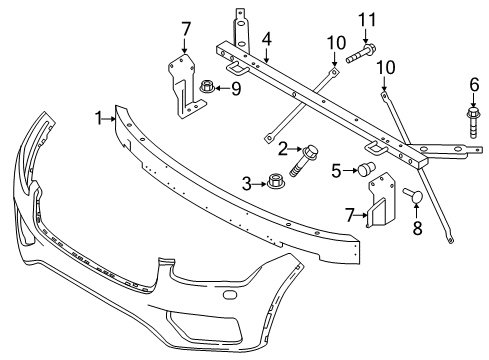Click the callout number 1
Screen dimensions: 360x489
pyautogui.click(x=99, y=118)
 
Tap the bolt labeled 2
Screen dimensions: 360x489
pyautogui.click(x=302, y=157)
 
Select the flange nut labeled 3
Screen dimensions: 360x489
pyautogui.click(x=273, y=182)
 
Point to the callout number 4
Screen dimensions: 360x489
pyautogui.click(x=267, y=41)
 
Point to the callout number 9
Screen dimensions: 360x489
pyautogui.click(x=236, y=88)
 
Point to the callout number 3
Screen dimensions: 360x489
pyautogui.click(x=246, y=182)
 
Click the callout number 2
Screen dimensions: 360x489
pyautogui.click(x=283, y=148)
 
